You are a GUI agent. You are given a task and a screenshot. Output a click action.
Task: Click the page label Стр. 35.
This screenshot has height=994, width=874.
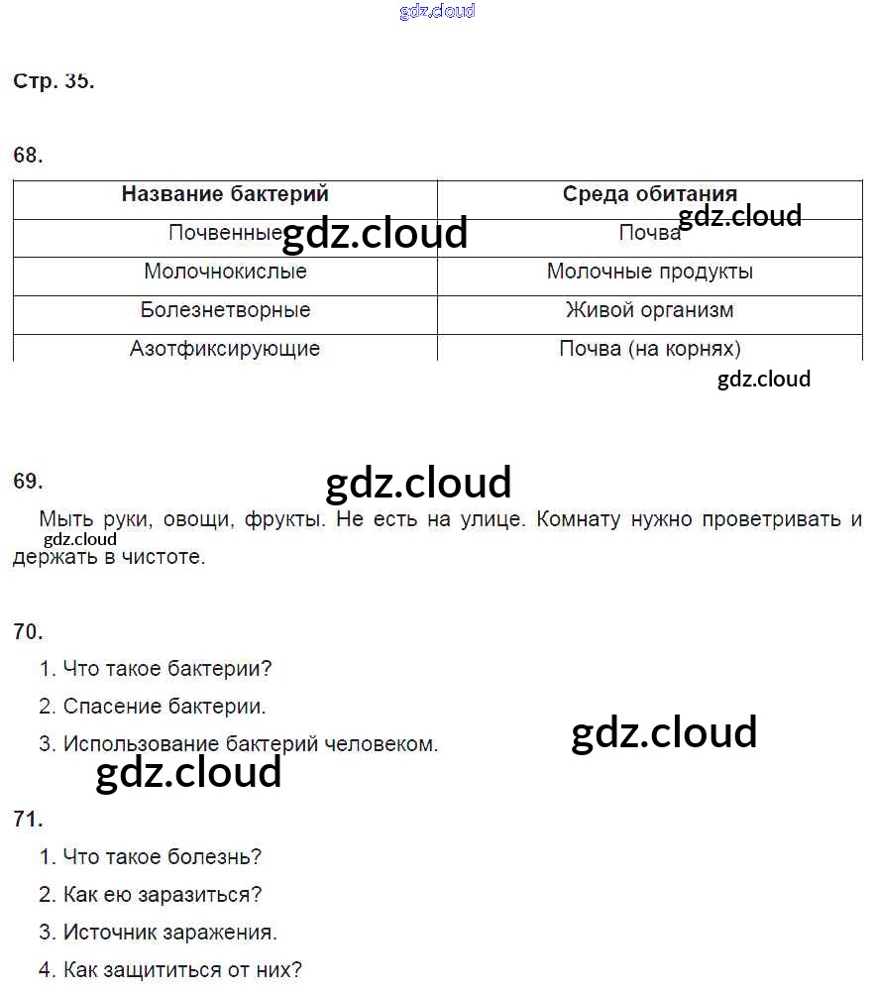[x=54, y=82]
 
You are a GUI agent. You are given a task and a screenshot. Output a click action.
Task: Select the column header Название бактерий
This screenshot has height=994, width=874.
[x=225, y=194]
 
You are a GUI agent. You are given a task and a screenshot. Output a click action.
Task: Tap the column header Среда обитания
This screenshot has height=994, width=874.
[x=649, y=194]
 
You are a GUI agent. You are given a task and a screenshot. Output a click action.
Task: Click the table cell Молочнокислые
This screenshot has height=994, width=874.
[x=225, y=272]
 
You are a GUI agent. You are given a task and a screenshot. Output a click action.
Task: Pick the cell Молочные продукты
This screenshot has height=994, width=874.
[x=649, y=272]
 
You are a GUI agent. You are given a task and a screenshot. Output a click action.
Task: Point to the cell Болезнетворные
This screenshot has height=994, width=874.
[x=225, y=310]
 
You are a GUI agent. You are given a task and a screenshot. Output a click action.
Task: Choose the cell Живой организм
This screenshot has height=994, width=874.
[x=649, y=310]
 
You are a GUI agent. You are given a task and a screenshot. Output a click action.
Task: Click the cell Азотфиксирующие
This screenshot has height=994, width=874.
[x=225, y=349]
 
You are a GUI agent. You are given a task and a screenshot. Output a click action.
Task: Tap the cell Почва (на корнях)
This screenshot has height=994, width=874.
[x=649, y=349]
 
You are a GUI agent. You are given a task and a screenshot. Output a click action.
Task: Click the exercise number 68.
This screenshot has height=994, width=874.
[x=28, y=156]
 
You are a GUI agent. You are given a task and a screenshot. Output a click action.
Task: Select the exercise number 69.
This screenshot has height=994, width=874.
[x=28, y=482]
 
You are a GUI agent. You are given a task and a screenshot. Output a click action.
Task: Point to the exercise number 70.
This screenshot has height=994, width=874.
[x=28, y=631]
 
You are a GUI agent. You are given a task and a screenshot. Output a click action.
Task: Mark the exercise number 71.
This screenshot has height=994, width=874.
[x=28, y=819]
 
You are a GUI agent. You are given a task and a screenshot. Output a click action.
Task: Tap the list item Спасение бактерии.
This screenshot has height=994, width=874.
[x=164, y=707]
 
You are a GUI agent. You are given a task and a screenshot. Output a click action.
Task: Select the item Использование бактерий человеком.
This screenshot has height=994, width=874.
[x=250, y=743]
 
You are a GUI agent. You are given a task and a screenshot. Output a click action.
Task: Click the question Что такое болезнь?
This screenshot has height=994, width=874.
[x=162, y=856]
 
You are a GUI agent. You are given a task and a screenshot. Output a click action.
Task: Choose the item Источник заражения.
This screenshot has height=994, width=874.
[x=169, y=933]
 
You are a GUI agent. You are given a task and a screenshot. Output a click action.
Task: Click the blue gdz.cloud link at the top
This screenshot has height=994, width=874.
[x=437, y=11]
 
